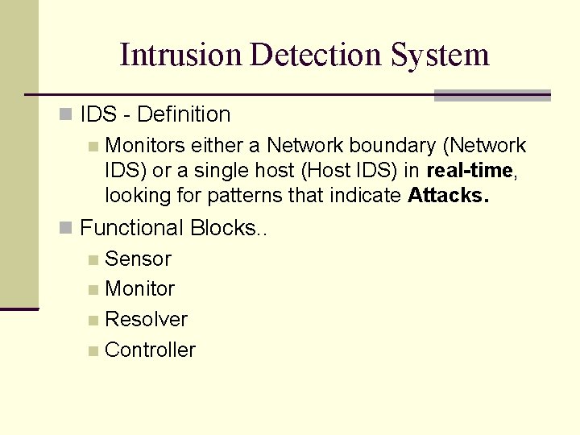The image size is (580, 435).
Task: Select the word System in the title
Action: (x=441, y=55)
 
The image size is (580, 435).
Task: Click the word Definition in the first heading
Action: (x=184, y=115)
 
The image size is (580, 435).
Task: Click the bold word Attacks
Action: (x=449, y=195)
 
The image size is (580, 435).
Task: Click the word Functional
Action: (x=133, y=228)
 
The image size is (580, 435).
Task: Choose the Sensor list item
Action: (x=138, y=259)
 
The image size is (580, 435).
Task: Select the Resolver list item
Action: (x=146, y=319)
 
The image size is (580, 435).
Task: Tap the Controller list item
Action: (x=150, y=350)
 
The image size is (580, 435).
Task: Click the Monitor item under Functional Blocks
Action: (x=140, y=288)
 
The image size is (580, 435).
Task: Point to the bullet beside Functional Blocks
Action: (x=66, y=229)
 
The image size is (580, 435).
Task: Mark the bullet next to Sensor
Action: (x=94, y=259)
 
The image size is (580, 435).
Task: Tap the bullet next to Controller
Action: (x=94, y=350)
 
